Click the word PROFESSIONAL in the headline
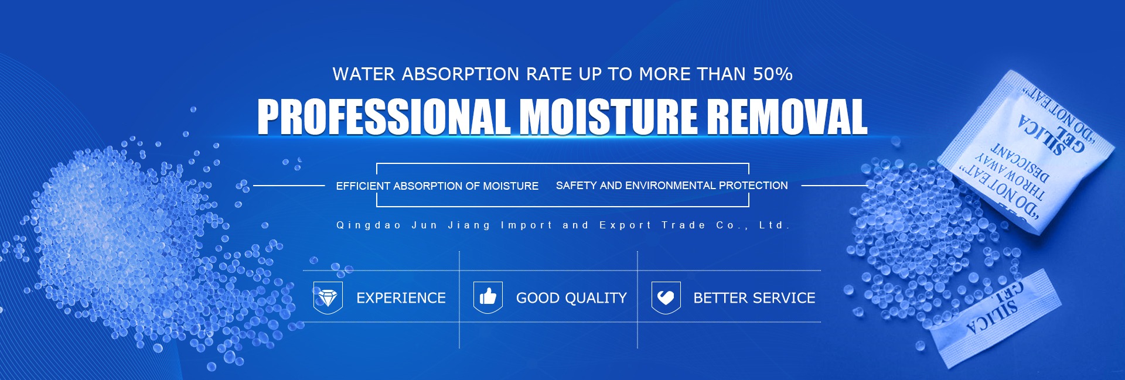pyautogui.click(x=384, y=117)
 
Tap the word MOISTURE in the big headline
pyautogui.click(x=608, y=117)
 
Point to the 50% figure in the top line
pyautogui.click(x=773, y=74)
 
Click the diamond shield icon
pyautogui.click(x=328, y=297)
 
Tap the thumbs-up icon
pyautogui.click(x=488, y=297)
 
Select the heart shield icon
pyautogui.click(x=666, y=297)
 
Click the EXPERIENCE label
pyautogui.click(x=401, y=298)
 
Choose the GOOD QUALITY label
pyautogui.click(x=571, y=298)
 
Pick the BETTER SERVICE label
pyautogui.click(x=754, y=298)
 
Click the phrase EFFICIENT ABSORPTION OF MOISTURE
pyautogui.click(x=437, y=186)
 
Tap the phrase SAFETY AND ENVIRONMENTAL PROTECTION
pyautogui.click(x=671, y=186)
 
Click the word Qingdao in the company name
pyautogui.click(x=369, y=225)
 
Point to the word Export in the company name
pyautogui.click(x=625, y=225)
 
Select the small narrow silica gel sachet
pyautogui.click(x=996, y=319)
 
